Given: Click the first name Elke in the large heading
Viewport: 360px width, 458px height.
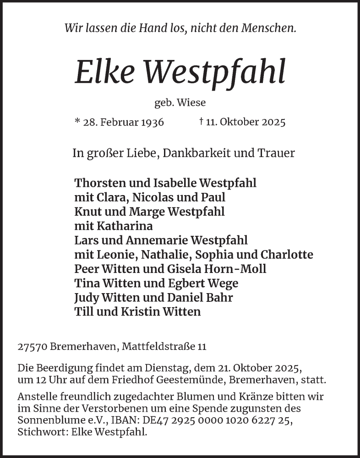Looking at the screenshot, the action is coord(104,72).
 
